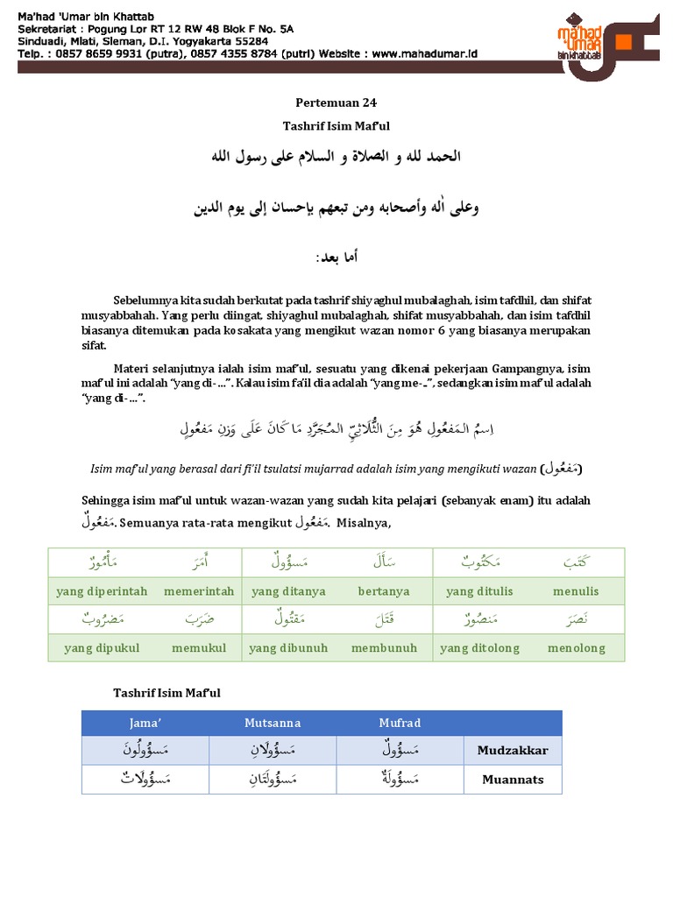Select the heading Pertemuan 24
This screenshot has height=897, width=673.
(337, 102)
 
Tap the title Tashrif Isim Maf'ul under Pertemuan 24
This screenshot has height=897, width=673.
(337, 126)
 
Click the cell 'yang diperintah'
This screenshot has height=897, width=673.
(102, 591)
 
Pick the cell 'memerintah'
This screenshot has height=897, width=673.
(199, 591)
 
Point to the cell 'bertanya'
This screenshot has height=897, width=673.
(384, 591)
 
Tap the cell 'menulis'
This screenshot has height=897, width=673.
(576, 591)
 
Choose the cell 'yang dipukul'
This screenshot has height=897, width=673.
(101, 648)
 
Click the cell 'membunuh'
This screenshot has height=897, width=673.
(384, 648)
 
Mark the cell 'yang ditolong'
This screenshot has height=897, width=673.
(479, 648)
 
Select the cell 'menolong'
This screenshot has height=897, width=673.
(576, 648)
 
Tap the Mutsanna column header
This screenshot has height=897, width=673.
(273, 723)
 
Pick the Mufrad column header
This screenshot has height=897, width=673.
(400, 723)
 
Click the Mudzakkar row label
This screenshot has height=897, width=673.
(513, 751)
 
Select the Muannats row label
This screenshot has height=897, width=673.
(513, 779)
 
